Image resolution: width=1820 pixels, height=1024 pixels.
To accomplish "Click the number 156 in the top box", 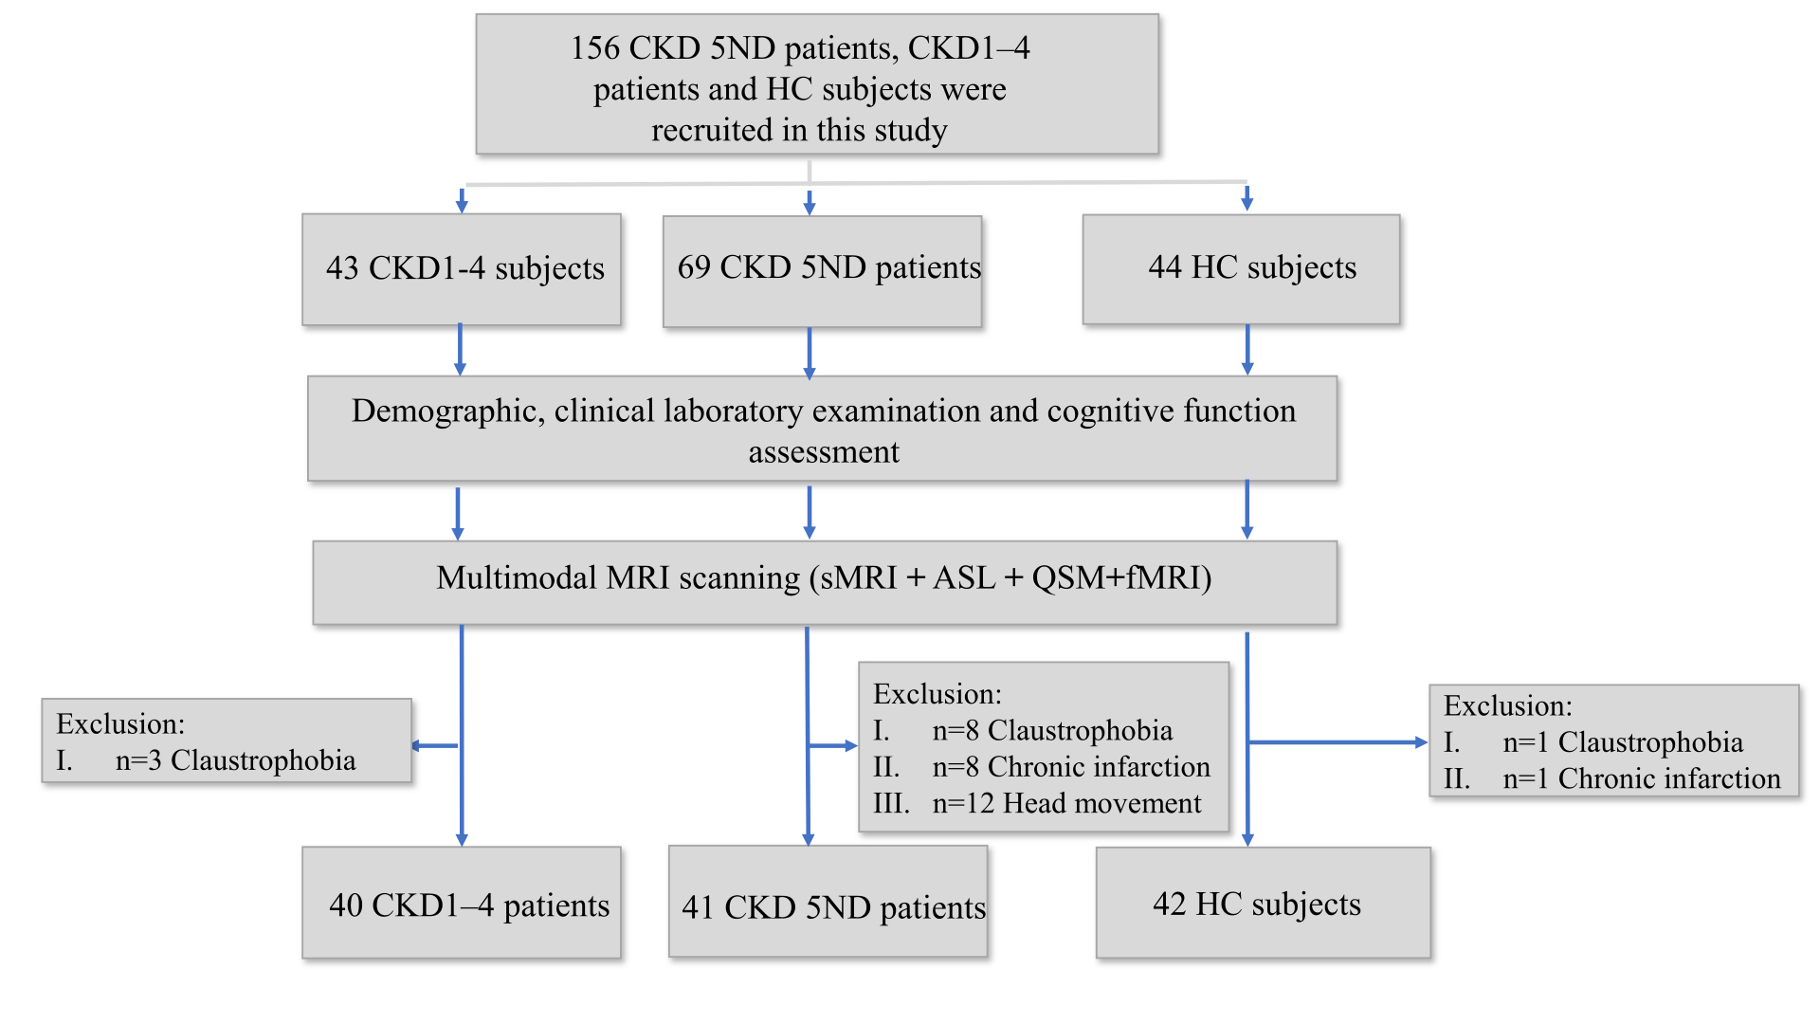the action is click(595, 47).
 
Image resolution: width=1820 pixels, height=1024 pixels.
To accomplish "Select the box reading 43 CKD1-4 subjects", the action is click(462, 269).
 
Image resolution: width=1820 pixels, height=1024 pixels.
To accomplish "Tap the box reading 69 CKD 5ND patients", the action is click(823, 271).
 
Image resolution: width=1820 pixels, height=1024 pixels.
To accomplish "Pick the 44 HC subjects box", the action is click(1242, 269).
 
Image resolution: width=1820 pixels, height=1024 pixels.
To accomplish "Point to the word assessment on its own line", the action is click(824, 452).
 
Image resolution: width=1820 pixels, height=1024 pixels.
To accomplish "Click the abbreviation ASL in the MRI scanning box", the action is click(964, 577).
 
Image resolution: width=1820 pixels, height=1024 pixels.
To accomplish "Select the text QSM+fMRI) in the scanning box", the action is click(1121, 577).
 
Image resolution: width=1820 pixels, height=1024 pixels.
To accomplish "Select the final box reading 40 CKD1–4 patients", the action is click(462, 903).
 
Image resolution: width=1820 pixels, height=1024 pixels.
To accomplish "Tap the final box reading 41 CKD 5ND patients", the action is click(828, 902).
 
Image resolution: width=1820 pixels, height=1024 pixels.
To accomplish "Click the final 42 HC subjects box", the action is click(1264, 903).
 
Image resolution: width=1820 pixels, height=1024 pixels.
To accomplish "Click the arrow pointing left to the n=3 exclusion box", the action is click(435, 746).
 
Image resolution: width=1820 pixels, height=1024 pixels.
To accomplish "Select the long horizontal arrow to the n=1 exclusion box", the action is click(1338, 742).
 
